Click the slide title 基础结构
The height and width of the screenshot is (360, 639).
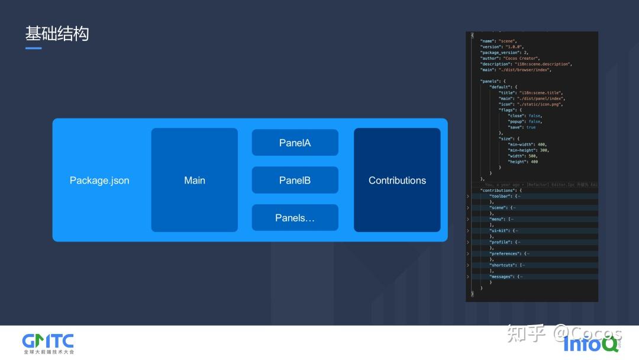tap(57, 34)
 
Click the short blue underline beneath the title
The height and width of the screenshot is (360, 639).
tap(33, 48)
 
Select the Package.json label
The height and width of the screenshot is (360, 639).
tap(99, 181)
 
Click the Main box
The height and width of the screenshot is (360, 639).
tap(194, 180)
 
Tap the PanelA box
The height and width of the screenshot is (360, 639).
tap(295, 143)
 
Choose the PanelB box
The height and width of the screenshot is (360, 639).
tap(295, 180)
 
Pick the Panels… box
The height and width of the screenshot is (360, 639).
tap(295, 218)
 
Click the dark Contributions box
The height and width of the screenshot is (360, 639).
tap(397, 180)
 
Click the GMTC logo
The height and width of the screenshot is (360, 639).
tap(48, 342)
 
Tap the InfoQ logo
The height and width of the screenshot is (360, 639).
tap(588, 343)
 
